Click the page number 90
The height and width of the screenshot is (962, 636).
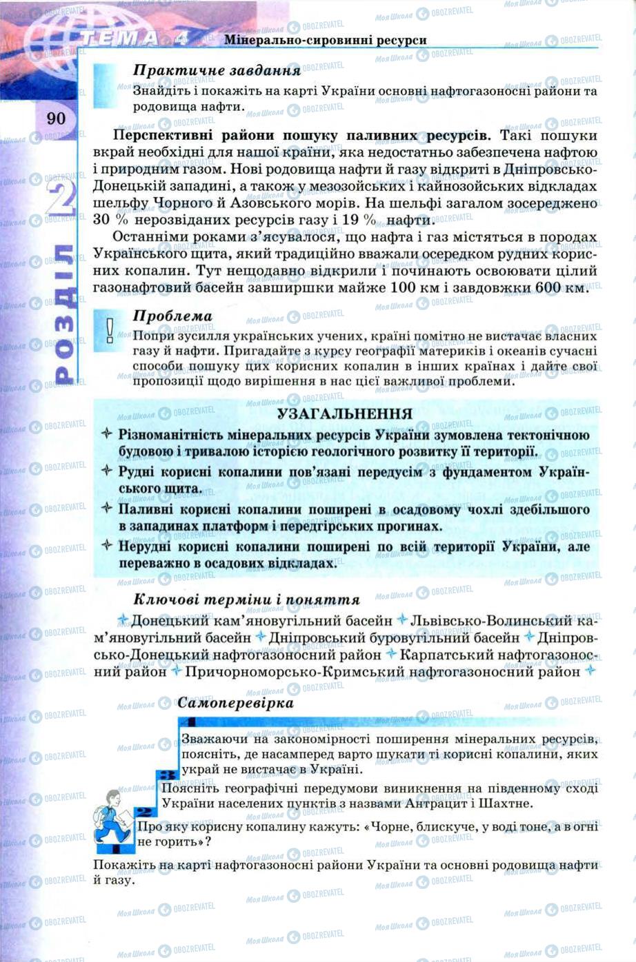56,119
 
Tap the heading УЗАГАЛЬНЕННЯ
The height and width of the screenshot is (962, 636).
345,413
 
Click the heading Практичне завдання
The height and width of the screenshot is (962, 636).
217,70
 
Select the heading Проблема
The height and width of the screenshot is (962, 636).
172,316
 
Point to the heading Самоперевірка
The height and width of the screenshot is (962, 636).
235,703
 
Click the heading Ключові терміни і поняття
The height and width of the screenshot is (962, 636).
246,600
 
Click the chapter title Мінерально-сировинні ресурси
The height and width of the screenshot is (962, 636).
325,40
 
